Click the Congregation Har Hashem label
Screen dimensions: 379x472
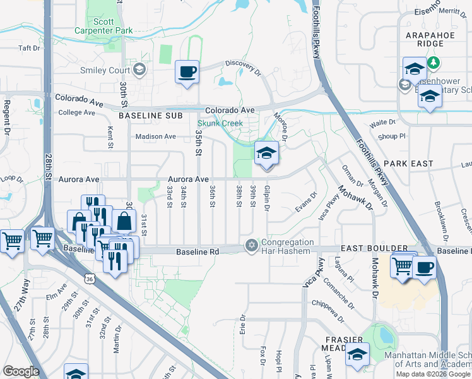287,246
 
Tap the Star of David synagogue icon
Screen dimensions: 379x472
252,245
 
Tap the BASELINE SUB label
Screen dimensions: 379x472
150,116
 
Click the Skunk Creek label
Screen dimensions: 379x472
220,123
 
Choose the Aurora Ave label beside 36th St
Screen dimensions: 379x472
188,179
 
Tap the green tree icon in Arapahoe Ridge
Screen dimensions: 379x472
434,63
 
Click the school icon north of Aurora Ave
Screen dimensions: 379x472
266,153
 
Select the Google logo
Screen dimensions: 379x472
21,371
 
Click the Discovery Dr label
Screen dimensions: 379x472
244,68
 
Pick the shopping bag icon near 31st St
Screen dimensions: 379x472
124,221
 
